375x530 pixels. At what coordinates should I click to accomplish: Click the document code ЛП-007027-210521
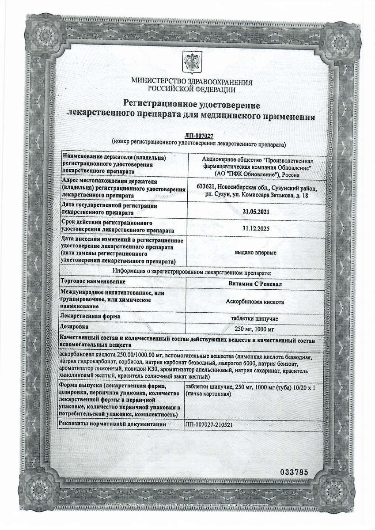click(x=209, y=424)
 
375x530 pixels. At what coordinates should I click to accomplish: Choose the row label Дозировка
click(x=76, y=326)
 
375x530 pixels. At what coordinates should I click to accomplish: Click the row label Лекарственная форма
click(x=91, y=317)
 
